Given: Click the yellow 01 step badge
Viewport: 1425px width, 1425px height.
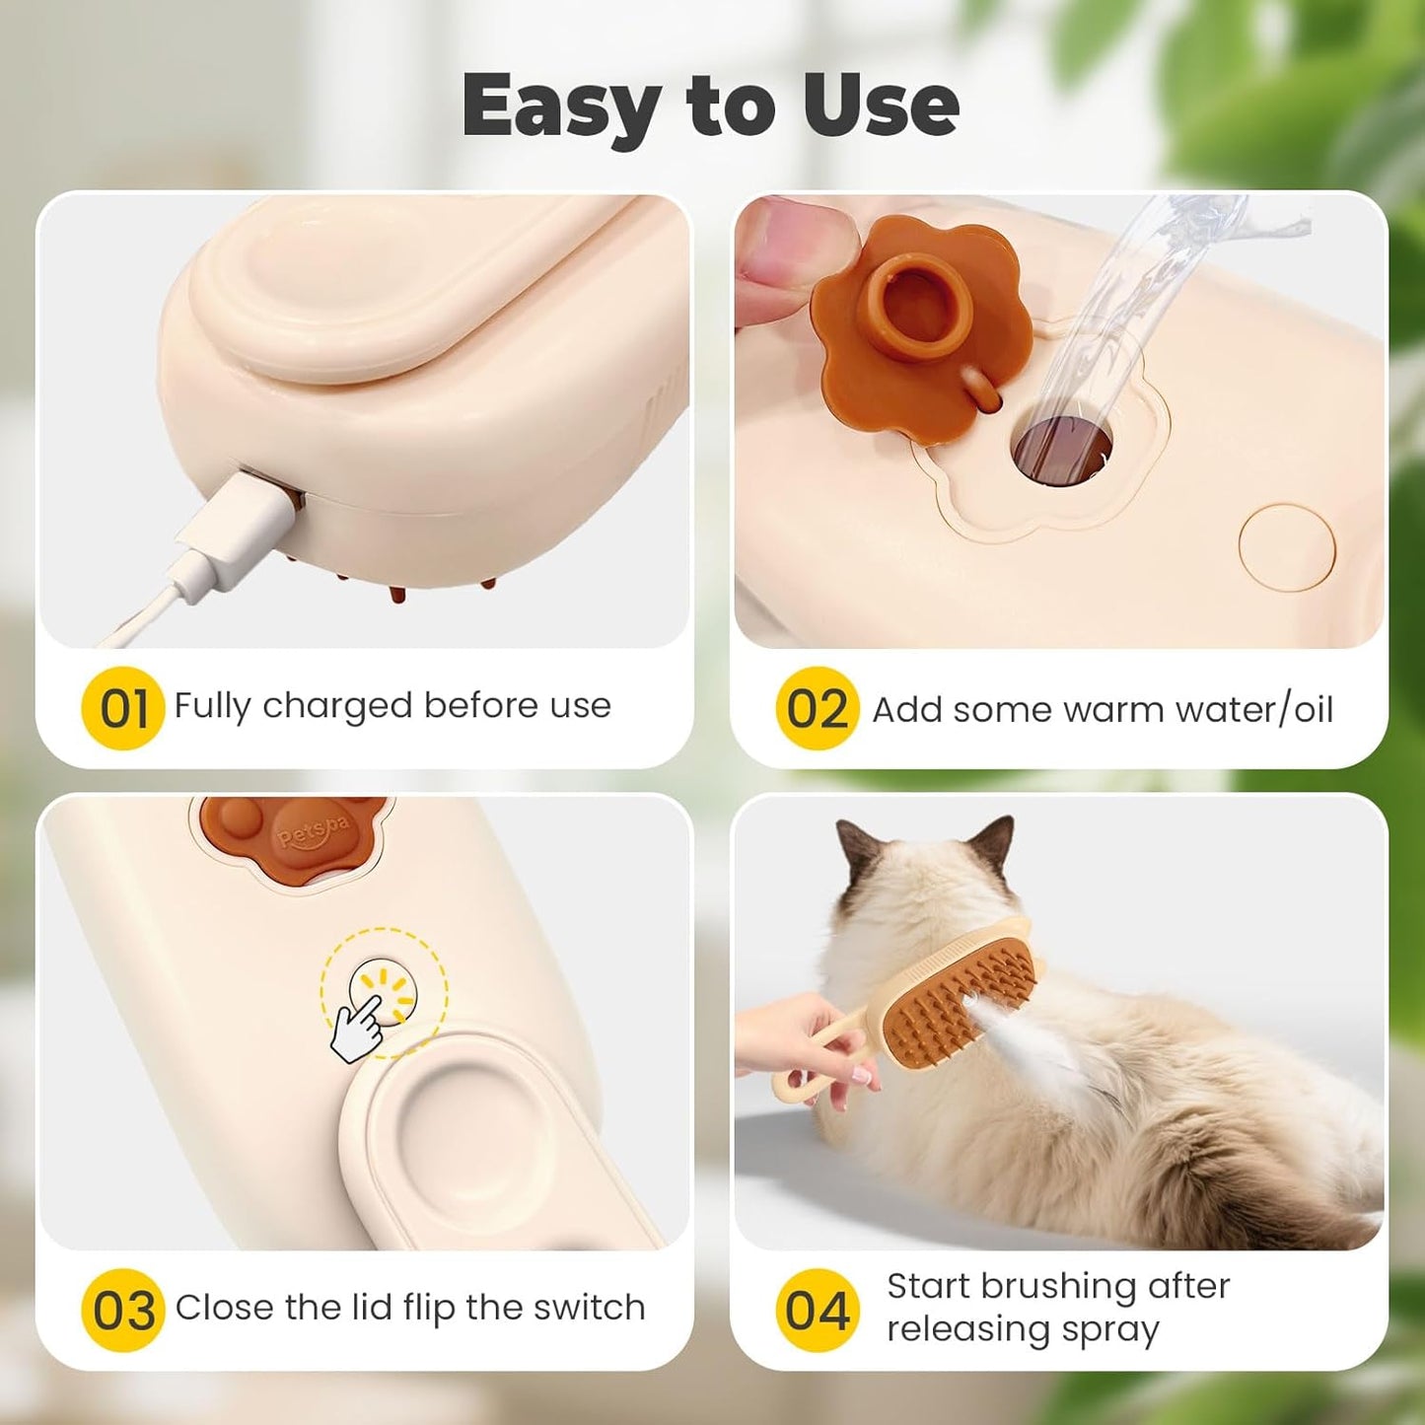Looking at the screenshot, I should pyautogui.click(x=123, y=708).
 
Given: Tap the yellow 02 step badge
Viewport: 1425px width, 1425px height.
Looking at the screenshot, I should pyautogui.click(x=818, y=708).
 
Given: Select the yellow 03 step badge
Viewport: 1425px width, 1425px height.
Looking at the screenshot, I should pyautogui.click(x=123, y=1310).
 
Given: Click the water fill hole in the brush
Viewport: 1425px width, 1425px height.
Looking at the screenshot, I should pyautogui.click(x=1062, y=452).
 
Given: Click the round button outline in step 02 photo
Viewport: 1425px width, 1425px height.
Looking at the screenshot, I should pyautogui.click(x=1287, y=548).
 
